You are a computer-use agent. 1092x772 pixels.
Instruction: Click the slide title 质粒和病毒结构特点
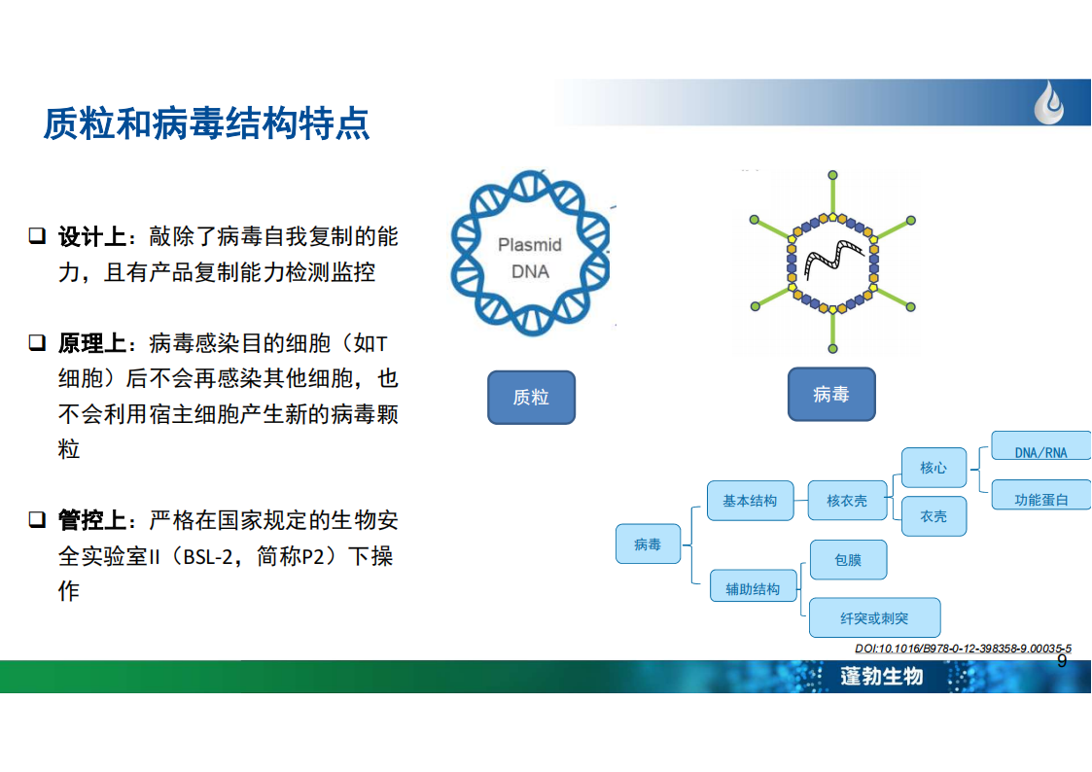point(206,123)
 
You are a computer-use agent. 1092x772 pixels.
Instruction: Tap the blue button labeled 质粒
point(531,398)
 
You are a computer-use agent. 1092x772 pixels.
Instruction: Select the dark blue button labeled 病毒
point(831,395)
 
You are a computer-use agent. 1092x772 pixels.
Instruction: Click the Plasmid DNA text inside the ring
point(530,258)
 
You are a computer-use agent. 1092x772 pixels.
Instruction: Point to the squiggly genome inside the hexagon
point(834,259)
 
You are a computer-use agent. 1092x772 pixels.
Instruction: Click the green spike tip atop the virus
point(833,175)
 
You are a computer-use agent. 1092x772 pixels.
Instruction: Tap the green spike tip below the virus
point(833,348)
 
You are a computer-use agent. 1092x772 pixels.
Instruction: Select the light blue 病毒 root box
point(648,544)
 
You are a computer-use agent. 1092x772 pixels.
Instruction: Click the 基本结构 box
point(750,501)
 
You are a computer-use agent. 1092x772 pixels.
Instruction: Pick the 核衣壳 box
point(847,501)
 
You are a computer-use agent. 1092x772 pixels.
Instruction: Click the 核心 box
point(933,468)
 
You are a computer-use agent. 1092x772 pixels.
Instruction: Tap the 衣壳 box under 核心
point(933,516)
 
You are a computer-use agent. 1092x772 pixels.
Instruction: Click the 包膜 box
point(848,560)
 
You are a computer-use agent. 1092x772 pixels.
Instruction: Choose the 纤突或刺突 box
point(875,617)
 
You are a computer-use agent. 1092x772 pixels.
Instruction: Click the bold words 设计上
point(92,236)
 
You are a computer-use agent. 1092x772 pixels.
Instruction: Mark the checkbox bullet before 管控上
point(37,519)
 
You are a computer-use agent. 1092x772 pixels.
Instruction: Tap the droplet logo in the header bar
point(1049,102)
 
